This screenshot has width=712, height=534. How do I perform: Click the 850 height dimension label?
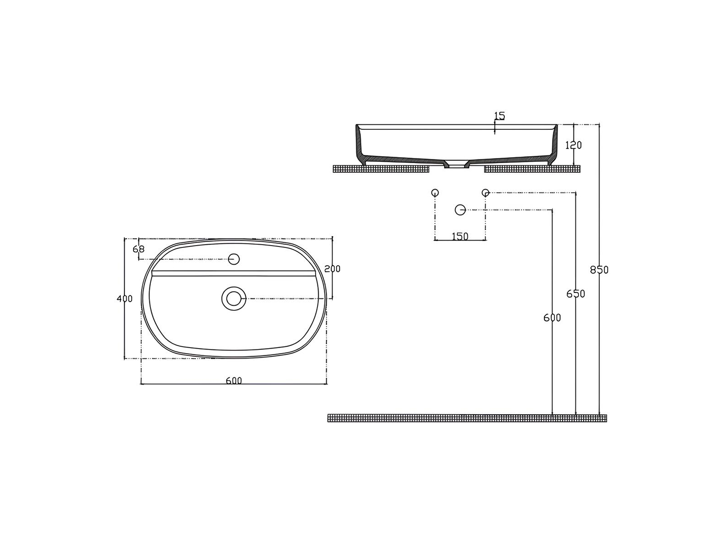599,270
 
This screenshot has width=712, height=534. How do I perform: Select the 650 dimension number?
575,293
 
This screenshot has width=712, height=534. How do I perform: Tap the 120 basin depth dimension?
574,145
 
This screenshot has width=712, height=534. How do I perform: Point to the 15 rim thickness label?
500,115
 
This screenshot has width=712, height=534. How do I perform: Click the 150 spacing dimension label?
460,236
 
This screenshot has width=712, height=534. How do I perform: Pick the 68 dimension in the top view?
138,249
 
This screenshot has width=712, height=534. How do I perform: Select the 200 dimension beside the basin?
332,269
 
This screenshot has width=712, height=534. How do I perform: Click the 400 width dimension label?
124,298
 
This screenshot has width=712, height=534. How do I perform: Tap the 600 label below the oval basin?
234,380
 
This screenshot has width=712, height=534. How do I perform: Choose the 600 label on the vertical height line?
552,318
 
